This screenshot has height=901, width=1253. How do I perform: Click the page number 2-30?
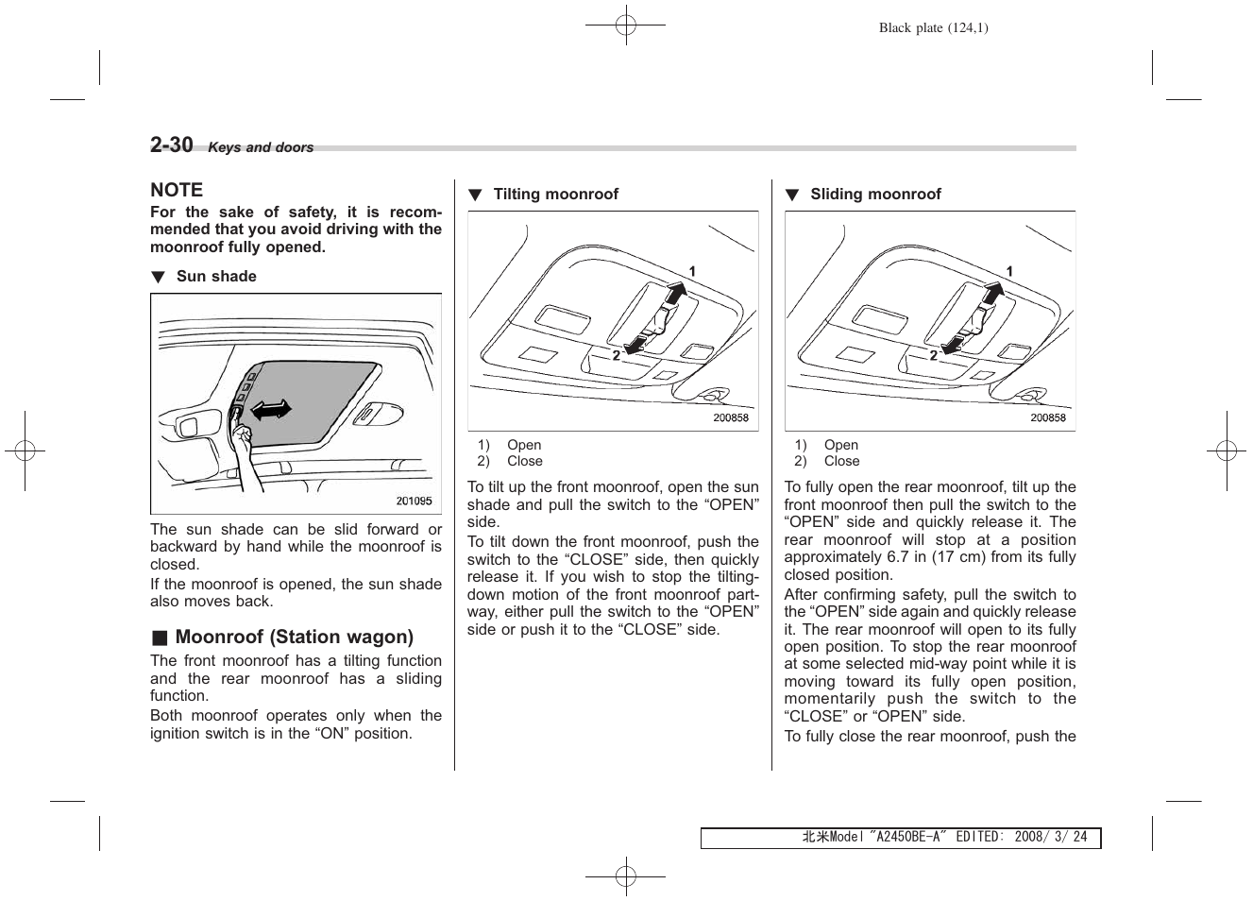pos(172,144)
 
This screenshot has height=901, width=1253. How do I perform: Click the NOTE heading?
pos(177,190)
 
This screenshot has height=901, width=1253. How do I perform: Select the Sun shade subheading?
pos(216,277)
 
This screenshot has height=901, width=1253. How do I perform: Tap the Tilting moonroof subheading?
pos(555,195)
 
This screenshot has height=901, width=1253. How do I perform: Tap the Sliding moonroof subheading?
pos(875,195)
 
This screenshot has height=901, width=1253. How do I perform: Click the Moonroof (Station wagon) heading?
pos(294,637)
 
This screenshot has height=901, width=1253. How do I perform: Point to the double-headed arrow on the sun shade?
pos(271,410)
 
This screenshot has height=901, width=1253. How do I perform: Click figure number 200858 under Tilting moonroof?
pos(731,418)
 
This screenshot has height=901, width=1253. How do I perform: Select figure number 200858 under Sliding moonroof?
pos(1048,418)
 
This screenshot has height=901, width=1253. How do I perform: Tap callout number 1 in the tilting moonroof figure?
pos(692,272)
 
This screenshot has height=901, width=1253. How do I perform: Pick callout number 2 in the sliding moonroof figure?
pos(933,356)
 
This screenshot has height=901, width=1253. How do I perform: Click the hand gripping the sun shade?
pos(244,435)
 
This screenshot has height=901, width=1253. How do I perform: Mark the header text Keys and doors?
pos(261,148)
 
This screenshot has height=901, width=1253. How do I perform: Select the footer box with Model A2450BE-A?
pos(900,838)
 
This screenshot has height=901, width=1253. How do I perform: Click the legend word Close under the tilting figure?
pos(525,462)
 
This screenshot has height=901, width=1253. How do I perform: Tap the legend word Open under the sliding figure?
pos(840,446)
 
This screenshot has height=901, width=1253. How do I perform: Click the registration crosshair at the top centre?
pos(625,25)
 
